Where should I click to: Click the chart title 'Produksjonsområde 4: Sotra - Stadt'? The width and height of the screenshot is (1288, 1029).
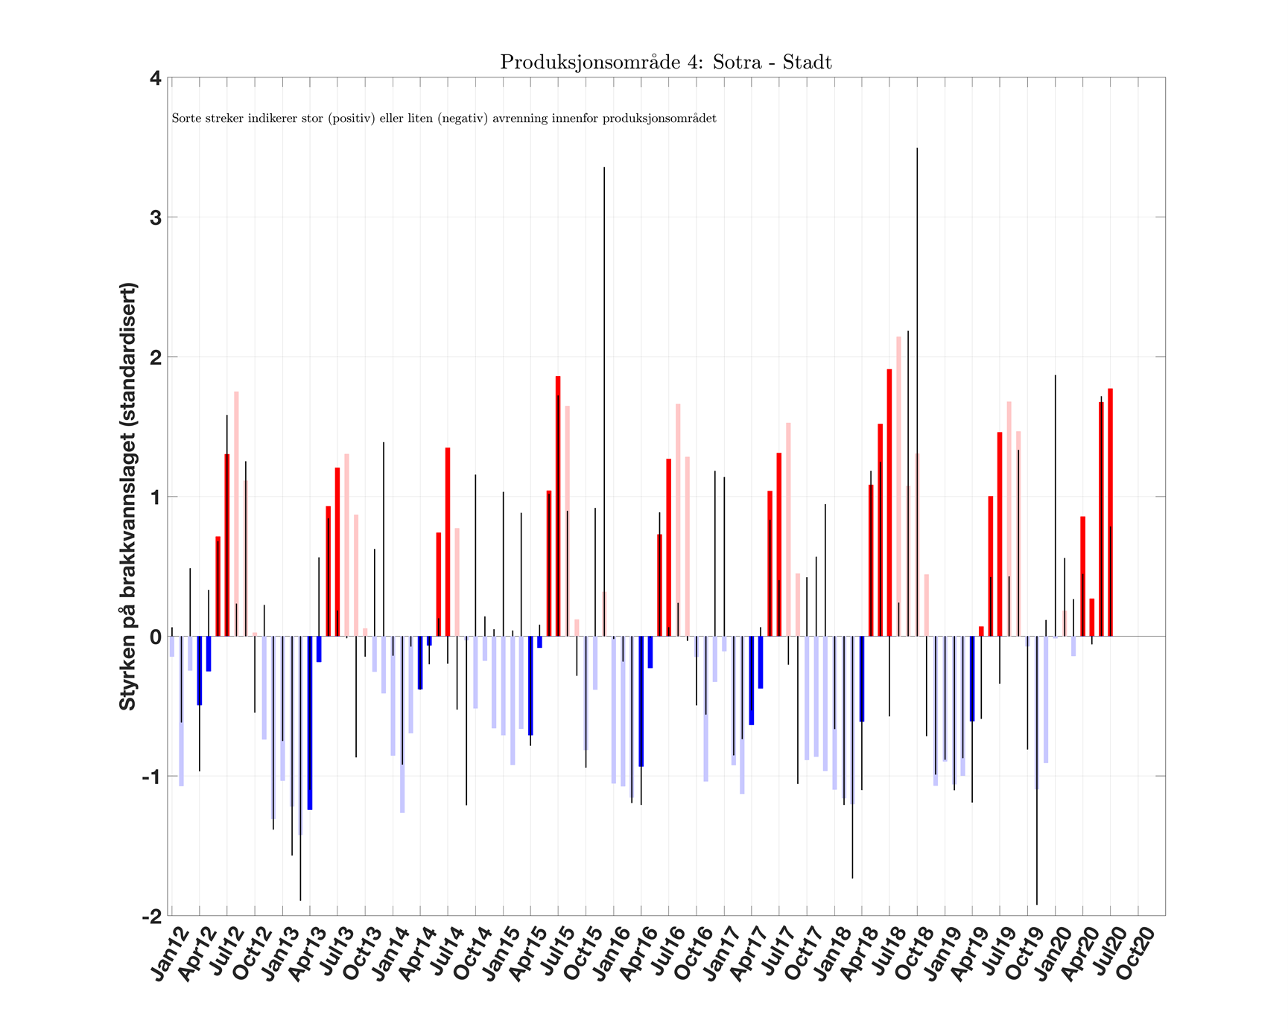[x=665, y=62]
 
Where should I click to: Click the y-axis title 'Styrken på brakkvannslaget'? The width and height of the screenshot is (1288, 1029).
[x=128, y=496]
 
